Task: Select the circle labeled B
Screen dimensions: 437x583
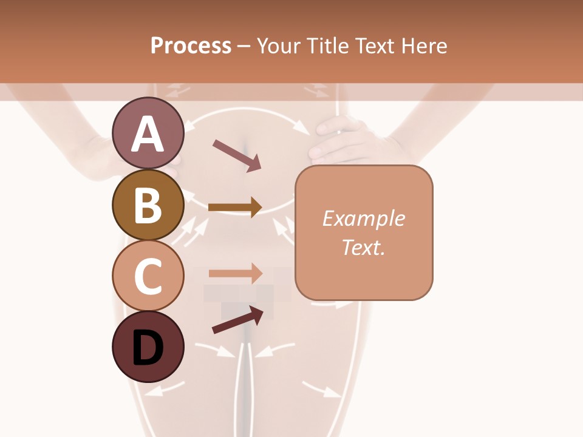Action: click(148, 205)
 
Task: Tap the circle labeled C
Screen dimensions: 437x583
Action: click(148, 276)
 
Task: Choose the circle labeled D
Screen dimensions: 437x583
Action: click(148, 346)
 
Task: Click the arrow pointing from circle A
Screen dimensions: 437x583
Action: click(236, 155)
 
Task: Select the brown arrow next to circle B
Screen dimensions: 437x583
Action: click(234, 208)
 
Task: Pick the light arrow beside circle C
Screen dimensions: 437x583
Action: click(235, 273)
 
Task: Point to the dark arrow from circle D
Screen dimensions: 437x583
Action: click(237, 319)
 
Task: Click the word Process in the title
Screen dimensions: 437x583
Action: click(191, 46)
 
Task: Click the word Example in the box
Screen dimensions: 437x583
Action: click(363, 218)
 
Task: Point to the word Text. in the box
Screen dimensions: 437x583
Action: click(363, 247)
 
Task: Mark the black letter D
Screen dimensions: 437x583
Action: click(148, 348)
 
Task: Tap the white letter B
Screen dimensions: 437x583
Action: click(148, 205)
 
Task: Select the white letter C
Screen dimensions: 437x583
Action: click(148, 277)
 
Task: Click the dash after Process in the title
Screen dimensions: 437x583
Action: click(244, 46)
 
